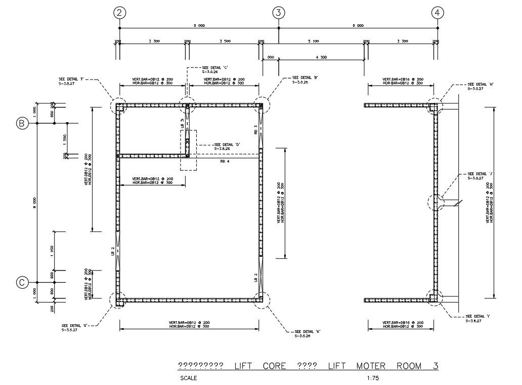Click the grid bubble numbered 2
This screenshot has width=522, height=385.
pos(119,13)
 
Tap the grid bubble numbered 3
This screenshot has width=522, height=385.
pos(278,13)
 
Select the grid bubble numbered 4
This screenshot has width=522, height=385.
pos(438,13)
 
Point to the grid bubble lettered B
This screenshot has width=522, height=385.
pos(22,123)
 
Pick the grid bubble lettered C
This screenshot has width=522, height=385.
pos(22,283)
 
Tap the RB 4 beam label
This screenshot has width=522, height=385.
pos(225,161)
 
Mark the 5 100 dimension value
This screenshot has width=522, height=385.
pos(313,41)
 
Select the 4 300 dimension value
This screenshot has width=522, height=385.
pos(321,57)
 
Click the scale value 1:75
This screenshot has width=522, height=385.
pos(373,378)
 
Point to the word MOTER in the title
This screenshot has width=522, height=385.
pos(373,366)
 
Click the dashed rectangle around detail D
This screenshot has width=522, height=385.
pos(188,150)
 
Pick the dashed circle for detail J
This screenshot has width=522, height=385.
pos(435,203)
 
